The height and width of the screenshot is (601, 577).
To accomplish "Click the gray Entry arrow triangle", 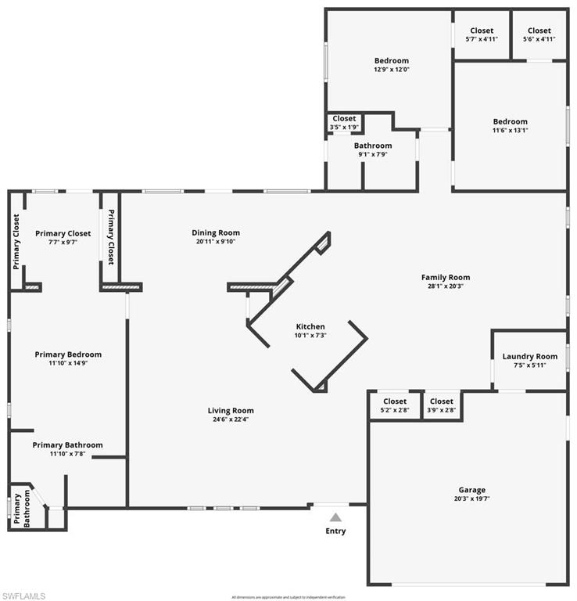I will click(335, 517).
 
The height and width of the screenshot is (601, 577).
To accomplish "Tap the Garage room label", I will click(471, 491).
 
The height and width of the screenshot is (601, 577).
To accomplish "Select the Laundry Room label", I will click(529, 357).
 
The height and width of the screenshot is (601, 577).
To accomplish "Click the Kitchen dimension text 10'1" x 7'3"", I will click(310, 335).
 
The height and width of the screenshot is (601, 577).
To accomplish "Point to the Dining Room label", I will click(216, 232).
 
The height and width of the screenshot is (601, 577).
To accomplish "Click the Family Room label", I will click(445, 277).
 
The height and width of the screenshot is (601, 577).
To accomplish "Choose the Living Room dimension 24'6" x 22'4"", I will click(231, 419).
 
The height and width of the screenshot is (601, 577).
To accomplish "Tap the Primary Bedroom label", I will click(68, 354).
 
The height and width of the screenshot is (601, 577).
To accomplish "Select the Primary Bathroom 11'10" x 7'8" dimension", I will click(67, 453).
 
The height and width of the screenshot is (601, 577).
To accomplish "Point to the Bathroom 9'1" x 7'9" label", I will click(372, 149).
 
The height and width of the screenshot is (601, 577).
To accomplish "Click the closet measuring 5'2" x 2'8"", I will click(395, 405).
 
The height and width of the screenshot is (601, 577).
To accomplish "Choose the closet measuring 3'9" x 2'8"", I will click(441, 405).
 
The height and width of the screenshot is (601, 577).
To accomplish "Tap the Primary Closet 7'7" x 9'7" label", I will click(63, 237).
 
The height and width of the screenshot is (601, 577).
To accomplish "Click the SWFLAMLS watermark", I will click(24, 596).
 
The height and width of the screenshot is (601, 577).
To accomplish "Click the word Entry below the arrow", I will click(335, 531).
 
